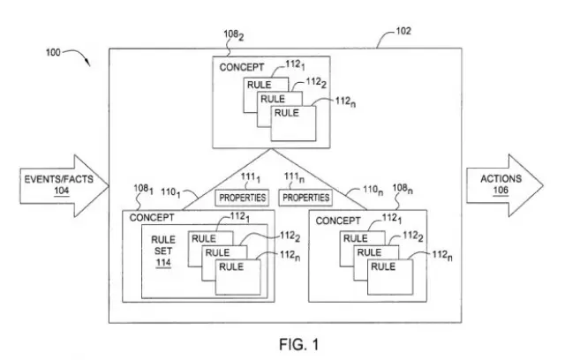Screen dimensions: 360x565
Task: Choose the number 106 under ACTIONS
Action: pyautogui.click(x=501, y=190)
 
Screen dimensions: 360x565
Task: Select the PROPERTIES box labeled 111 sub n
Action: pyautogui.click(x=305, y=197)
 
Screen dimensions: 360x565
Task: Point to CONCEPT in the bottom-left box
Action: pyautogui.click(x=152, y=217)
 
